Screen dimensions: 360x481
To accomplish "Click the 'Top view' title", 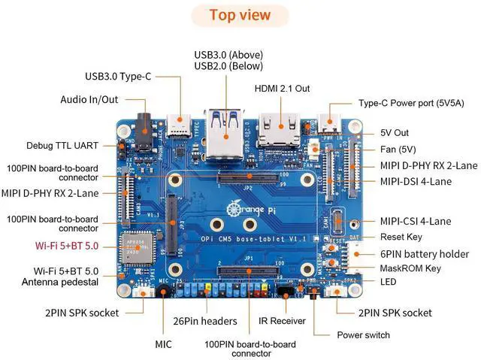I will (240, 15).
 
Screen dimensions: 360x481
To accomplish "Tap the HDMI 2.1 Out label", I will (282, 88).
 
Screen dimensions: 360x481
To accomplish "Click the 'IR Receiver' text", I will (282, 321).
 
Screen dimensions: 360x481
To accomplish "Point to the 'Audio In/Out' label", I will (89, 100).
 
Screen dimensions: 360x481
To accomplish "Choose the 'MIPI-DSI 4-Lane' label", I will (414, 181).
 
